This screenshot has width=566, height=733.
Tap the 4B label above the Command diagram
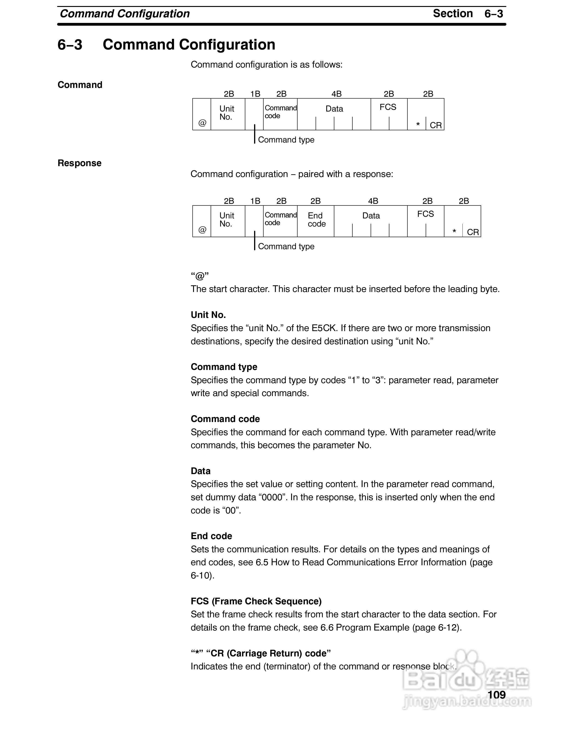(336, 94)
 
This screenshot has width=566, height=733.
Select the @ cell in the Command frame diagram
(202, 123)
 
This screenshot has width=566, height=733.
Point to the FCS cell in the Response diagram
(425, 214)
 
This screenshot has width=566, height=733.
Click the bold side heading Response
(80, 163)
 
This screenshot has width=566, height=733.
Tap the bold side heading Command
(80, 85)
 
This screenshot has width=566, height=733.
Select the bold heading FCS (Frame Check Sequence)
(256, 601)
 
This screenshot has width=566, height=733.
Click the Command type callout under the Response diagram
(286, 246)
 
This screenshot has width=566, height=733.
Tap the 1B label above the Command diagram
(255, 94)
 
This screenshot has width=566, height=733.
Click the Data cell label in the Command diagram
(334, 109)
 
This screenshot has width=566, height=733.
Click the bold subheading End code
(211, 536)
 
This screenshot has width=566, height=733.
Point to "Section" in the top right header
(453, 13)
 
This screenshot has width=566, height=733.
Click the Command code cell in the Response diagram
(280, 219)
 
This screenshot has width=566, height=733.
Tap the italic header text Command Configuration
(124, 14)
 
